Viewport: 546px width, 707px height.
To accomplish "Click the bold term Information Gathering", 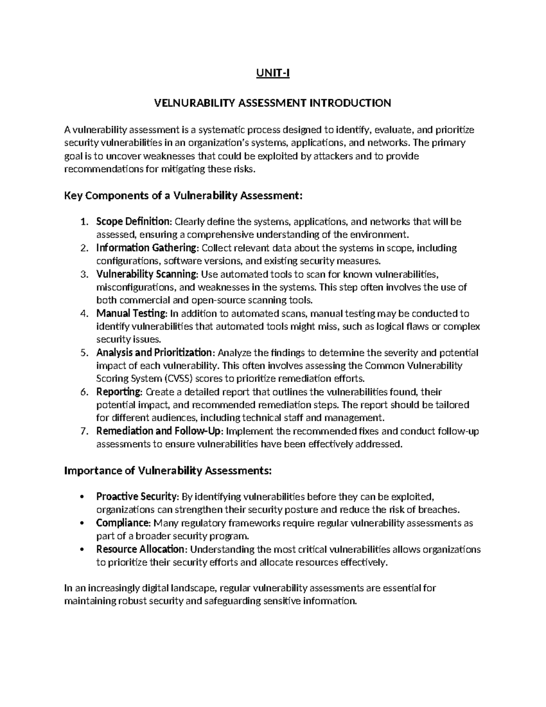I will coord(147,248).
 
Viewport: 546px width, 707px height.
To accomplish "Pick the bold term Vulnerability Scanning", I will coord(147,274).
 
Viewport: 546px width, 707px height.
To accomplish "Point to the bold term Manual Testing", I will coord(131,314).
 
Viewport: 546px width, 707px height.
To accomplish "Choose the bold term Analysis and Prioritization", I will coord(154,353).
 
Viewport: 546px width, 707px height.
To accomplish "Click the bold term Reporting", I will coord(119,392).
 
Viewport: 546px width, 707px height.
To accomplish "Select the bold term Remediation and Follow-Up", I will coord(159,431).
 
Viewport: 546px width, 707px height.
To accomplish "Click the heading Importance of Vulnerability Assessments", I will coord(168,471).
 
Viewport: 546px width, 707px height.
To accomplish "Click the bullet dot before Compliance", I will coord(81,523).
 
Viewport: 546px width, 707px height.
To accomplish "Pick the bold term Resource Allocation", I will coord(141,549).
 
